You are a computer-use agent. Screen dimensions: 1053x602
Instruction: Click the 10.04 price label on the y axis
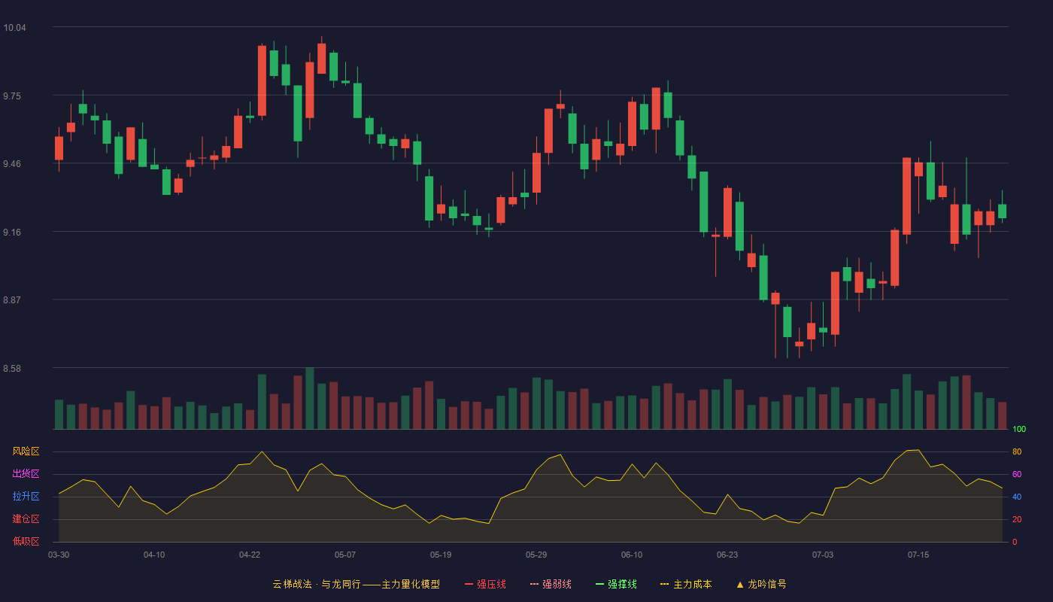tap(14, 28)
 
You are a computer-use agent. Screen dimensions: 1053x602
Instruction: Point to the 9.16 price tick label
tap(12, 233)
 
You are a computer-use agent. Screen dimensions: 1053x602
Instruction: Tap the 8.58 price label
tap(12, 369)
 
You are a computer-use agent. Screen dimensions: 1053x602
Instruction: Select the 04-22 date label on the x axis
tap(250, 555)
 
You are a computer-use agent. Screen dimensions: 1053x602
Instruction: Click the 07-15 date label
tap(918, 555)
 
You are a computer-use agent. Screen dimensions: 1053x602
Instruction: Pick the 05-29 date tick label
tap(536, 555)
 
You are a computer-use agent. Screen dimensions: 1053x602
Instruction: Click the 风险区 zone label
tap(26, 451)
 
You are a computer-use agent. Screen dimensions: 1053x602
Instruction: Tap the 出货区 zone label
tap(26, 473)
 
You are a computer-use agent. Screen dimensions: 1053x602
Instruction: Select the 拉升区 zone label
tap(26, 496)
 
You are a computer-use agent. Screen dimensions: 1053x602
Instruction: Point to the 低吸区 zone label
tap(26, 541)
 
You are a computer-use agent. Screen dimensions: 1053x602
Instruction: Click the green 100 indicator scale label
tap(1019, 429)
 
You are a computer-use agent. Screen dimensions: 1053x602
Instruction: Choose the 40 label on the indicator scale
tap(1017, 497)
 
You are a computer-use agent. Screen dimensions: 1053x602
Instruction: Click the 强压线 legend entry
tap(486, 584)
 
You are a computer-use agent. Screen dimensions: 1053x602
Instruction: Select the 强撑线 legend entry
tap(616, 584)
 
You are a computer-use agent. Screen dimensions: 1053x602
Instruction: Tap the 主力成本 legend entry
tap(686, 584)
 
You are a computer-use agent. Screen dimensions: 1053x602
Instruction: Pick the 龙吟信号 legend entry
tap(761, 584)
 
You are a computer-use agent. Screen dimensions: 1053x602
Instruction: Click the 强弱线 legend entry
tap(551, 584)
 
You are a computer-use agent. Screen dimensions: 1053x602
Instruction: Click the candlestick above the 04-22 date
tap(250, 117)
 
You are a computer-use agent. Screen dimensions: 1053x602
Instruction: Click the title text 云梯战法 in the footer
tap(292, 584)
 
